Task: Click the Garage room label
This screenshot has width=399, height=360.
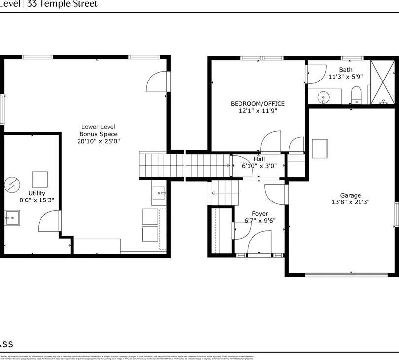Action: (350, 195)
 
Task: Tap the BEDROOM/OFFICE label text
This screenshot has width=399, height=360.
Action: (258, 104)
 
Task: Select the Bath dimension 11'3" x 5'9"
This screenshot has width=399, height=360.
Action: (346, 77)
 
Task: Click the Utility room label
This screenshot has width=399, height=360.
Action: (37, 193)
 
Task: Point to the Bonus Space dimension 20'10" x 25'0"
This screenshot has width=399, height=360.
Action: (99, 141)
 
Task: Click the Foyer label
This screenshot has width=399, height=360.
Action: (260, 214)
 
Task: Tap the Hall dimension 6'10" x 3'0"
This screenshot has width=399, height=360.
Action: (259, 166)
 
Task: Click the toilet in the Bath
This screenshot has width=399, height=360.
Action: (356, 95)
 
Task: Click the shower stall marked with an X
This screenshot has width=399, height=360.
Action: (383, 82)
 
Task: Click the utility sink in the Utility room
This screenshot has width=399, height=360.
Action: (12, 216)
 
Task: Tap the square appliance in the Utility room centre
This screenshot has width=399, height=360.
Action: (40, 179)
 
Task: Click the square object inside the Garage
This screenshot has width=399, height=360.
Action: (319, 147)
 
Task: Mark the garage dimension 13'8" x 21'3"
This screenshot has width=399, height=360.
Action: (350, 202)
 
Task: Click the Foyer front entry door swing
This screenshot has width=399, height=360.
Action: (259, 243)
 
